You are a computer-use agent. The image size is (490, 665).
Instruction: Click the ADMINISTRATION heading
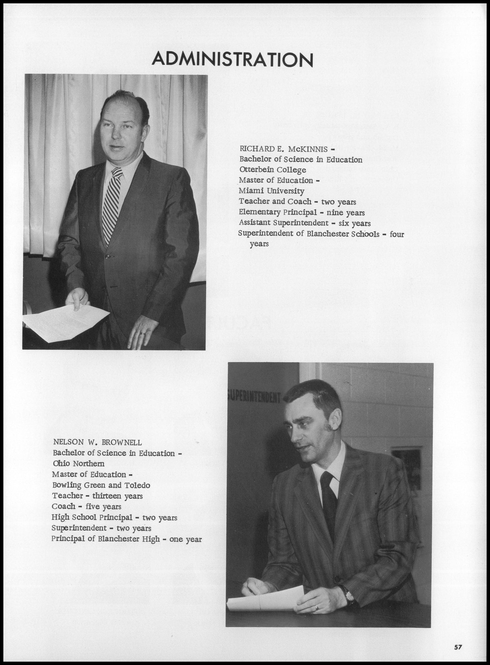point(232,60)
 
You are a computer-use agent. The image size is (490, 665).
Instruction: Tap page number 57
point(458,647)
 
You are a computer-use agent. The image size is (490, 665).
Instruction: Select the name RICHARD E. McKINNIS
point(283,149)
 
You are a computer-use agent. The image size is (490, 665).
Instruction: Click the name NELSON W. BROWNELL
point(97,442)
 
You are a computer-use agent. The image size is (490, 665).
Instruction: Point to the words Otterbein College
point(273,170)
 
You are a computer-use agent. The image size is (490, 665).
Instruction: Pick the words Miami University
point(271,191)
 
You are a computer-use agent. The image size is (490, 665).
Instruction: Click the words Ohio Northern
point(79,463)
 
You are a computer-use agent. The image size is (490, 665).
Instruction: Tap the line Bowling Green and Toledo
point(101,485)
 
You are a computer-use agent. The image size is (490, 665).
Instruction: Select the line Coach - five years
point(86,506)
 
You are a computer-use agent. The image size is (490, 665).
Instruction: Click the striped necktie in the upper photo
point(112,203)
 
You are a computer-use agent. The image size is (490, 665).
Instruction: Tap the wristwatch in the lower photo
point(349,596)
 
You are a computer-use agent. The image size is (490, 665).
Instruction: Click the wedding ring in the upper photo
point(143,334)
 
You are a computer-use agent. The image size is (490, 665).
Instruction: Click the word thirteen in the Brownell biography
point(106,496)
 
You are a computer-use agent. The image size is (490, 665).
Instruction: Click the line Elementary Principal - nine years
point(302,213)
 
